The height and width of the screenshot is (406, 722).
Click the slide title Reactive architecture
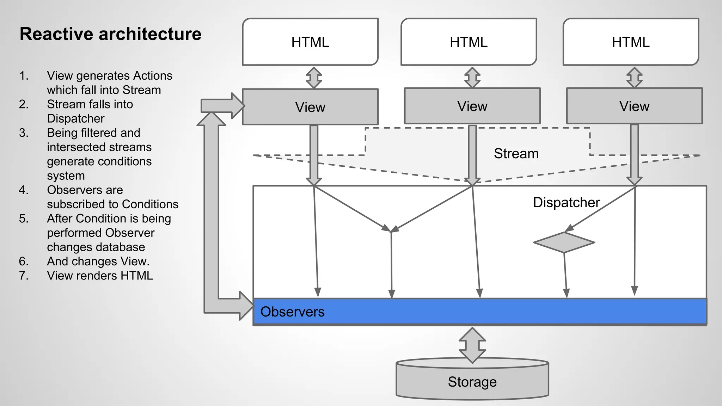(110, 34)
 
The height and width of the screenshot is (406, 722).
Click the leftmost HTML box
(310, 42)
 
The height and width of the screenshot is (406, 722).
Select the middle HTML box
(469, 42)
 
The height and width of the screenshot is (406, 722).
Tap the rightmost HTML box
(631, 42)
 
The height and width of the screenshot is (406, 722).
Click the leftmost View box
(310, 107)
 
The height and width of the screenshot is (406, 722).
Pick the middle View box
(472, 106)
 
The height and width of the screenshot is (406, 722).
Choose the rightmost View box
(634, 106)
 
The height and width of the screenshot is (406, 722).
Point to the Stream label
(516, 154)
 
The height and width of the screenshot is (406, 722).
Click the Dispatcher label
(566, 203)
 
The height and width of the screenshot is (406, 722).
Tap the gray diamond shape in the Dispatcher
(564, 242)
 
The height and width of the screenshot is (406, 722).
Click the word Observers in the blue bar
(292, 312)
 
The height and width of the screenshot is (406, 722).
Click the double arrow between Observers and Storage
(472, 345)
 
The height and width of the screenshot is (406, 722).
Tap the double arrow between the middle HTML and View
(472, 78)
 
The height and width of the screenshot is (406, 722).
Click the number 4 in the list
(23, 190)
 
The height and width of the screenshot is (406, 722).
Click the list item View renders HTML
(100, 276)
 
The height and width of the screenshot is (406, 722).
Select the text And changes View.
(98, 262)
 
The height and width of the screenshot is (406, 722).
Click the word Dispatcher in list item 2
(75, 118)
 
